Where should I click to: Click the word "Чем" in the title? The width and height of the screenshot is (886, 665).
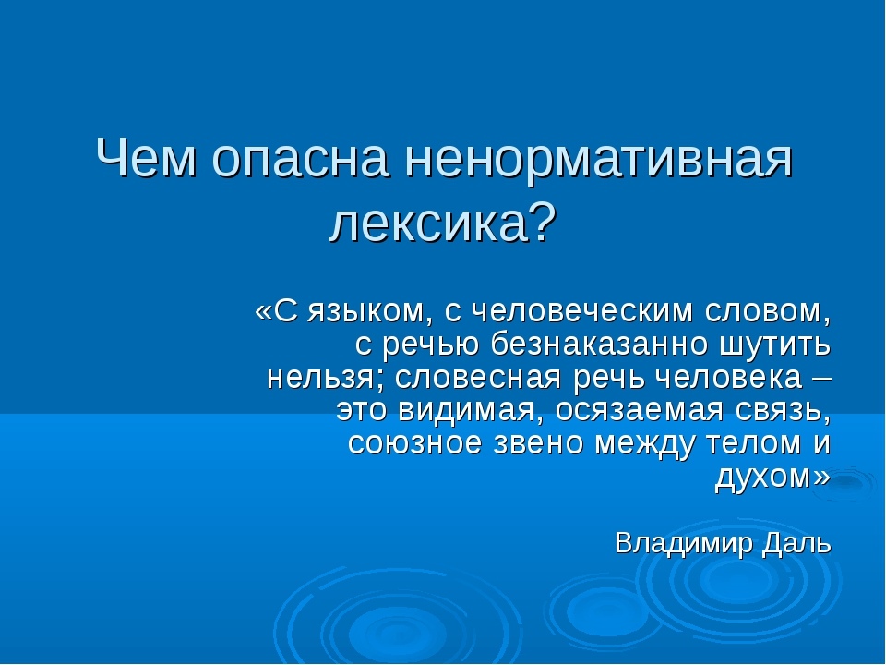coord(147,158)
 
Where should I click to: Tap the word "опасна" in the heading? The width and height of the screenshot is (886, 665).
coord(301,161)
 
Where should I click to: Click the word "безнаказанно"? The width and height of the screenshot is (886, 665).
coord(599,344)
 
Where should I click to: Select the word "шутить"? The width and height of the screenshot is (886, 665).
coord(775,345)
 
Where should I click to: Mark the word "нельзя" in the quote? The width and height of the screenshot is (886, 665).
coord(318,378)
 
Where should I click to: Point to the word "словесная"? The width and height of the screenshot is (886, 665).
coord(477,378)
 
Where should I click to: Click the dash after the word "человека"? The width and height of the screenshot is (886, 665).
coord(822,378)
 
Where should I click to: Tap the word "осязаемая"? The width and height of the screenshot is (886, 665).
coord(639,412)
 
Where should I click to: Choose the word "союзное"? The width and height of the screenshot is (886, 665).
coord(414,444)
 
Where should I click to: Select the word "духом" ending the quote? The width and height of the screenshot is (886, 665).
coord(764,478)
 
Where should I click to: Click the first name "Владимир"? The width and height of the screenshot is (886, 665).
coord(684,544)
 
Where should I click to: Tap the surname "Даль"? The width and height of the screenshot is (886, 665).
coord(796,544)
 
